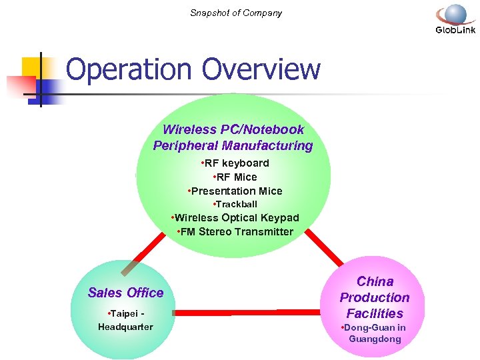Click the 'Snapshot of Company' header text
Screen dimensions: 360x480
tap(236, 13)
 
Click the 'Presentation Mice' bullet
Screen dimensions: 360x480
tap(235, 191)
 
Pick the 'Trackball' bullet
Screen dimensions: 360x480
tap(235, 204)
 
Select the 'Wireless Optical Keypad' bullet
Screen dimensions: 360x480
tap(235, 218)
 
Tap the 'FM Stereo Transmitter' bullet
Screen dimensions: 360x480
tap(235, 232)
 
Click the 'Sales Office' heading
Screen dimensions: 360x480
tap(125, 293)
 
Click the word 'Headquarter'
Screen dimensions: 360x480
tap(125, 327)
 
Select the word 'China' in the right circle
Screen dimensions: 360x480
tap(375, 281)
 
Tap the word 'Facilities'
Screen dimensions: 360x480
tap(375, 313)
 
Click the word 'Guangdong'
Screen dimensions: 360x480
tap(375, 339)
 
